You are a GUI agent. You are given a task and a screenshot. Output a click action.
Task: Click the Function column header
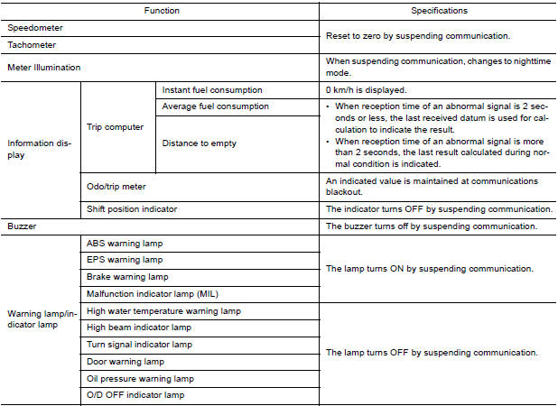161,11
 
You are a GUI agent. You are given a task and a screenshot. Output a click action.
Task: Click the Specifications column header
439,11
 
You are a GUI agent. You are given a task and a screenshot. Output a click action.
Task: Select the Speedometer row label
35,28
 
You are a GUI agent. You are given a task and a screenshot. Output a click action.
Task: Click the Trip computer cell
115,127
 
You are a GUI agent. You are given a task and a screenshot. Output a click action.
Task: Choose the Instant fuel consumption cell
212,90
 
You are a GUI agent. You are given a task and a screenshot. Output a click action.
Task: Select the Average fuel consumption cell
215,106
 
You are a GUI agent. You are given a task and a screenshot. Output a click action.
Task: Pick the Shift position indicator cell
132,208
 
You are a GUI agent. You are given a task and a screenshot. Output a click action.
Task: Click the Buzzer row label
23,226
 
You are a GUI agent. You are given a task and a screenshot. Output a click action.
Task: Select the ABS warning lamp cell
124,244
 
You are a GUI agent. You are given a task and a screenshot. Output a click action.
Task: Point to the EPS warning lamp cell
124,260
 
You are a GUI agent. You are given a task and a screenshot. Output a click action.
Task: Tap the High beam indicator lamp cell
139,328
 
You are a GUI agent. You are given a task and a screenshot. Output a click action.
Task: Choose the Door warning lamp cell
126,362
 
